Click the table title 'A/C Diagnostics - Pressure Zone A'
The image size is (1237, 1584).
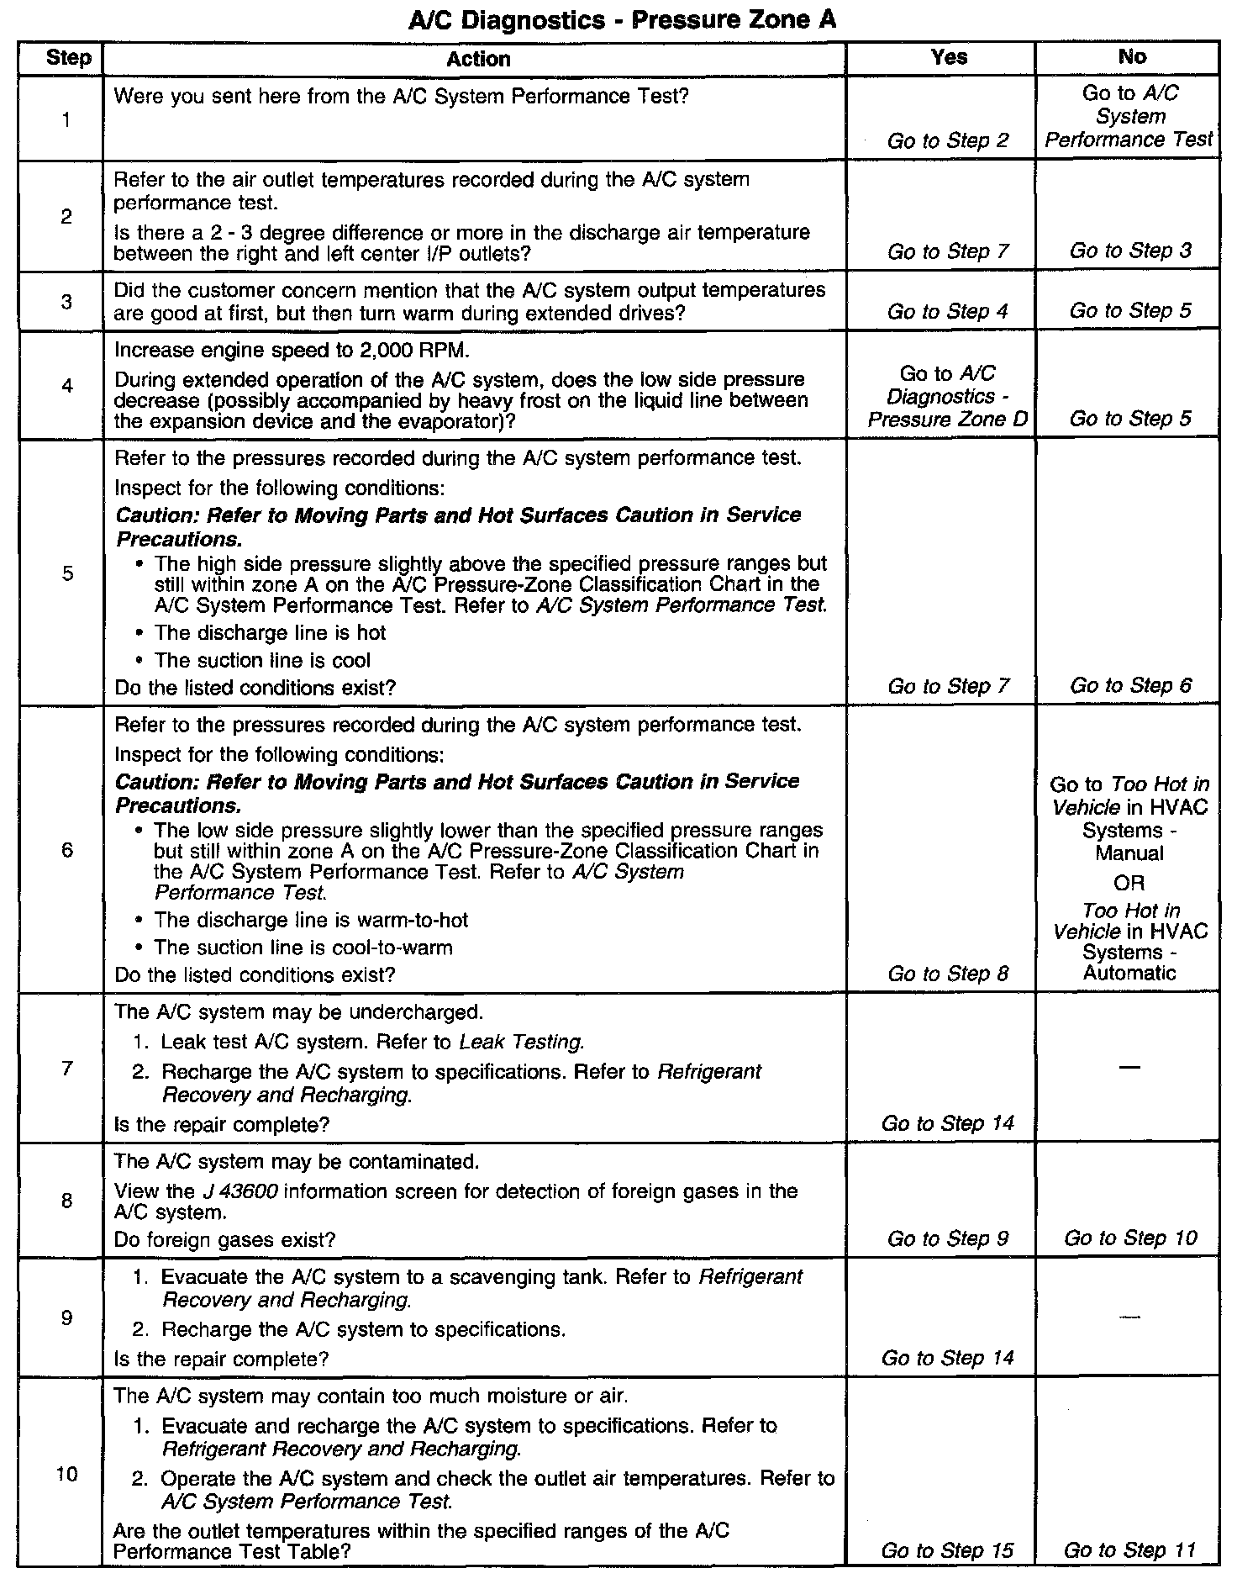[x=622, y=19]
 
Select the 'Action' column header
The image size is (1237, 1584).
[x=478, y=59]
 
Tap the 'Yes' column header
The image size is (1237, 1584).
[x=949, y=57]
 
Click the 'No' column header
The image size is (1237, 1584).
[x=1132, y=56]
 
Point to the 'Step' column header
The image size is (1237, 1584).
[x=68, y=58]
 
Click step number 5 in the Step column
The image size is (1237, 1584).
[x=67, y=573]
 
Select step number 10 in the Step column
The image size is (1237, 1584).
[x=67, y=1474]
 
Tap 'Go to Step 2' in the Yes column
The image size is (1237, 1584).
[x=948, y=140]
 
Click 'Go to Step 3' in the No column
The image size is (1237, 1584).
[x=1130, y=251]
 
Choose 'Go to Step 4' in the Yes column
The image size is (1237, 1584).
[x=948, y=311]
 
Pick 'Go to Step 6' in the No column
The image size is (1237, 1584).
[x=1130, y=685]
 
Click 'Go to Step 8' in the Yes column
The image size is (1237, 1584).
[x=948, y=974]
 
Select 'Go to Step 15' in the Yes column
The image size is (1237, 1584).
[x=948, y=1550]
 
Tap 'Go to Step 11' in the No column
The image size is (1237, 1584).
[x=1130, y=1550]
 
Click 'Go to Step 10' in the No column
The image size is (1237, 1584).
[x=1130, y=1238]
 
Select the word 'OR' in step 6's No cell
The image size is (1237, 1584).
[x=1130, y=883]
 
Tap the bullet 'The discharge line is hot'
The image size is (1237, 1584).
[x=270, y=632]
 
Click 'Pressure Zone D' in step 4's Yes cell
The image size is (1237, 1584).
[x=948, y=419]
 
